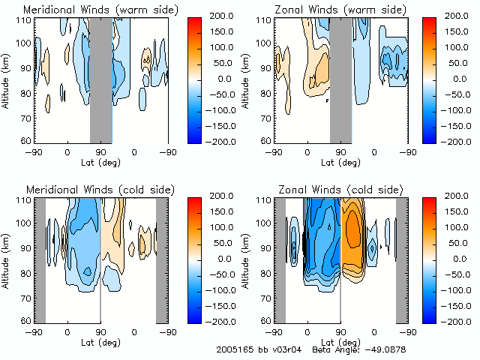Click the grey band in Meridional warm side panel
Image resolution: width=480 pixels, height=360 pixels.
[101, 79]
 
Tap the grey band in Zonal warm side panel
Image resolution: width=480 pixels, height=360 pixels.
[341, 79]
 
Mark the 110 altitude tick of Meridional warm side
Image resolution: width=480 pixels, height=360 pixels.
[25, 19]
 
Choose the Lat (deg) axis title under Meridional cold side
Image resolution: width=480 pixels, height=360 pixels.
[100, 340]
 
